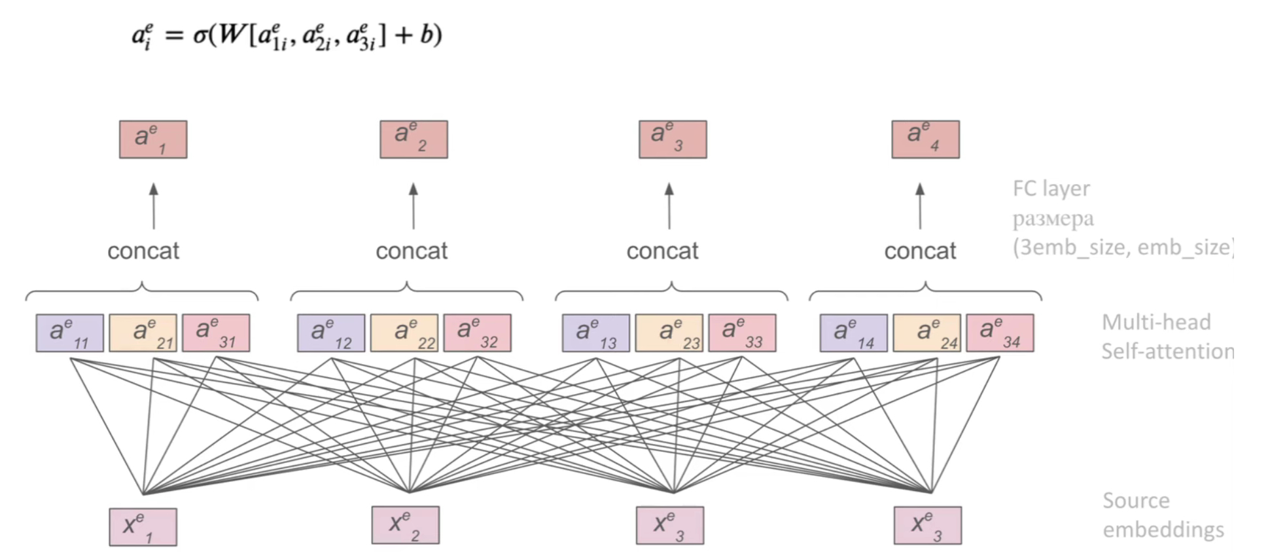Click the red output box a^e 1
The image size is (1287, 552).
coord(153,139)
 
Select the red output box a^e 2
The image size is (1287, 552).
coord(414,139)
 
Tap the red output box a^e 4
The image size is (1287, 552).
coord(925,139)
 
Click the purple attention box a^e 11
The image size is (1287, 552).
coord(69,333)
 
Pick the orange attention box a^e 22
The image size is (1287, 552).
coord(404,333)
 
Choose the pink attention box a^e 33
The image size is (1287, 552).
coord(742,333)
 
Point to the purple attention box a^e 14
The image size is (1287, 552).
coord(853,333)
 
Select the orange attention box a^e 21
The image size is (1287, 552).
coord(143,333)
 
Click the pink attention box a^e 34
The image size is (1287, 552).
coord(1000,333)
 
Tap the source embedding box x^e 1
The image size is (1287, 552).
coord(143,527)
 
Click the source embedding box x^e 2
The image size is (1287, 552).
coord(405,525)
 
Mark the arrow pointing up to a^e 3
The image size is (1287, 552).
coord(669,206)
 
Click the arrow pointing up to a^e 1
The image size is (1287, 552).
coord(154,206)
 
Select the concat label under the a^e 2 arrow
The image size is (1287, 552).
coord(412,251)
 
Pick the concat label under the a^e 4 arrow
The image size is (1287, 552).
coord(920,251)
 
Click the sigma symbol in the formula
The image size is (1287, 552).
coord(200,35)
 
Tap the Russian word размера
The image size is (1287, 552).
coord(1053,219)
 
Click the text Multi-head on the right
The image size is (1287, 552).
coord(1156,322)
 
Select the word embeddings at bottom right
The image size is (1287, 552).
coord(1163,530)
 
